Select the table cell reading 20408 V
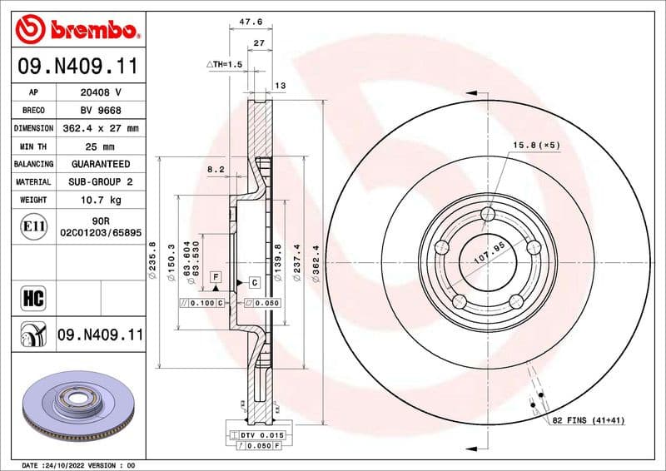click(x=101, y=92)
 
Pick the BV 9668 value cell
click(x=101, y=110)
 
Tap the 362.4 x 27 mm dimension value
click(x=101, y=128)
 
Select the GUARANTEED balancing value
click(x=101, y=164)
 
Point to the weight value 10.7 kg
click(x=101, y=200)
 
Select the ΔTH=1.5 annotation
click(x=224, y=64)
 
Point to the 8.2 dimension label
click(x=216, y=169)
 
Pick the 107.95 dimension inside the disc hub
click(x=490, y=252)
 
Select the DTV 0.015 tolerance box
click(x=261, y=435)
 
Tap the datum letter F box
click(x=216, y=275)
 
